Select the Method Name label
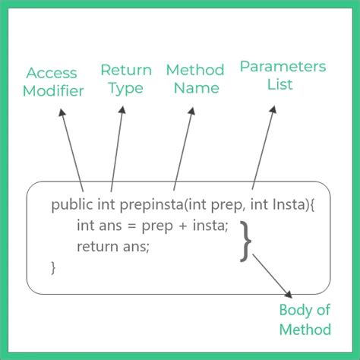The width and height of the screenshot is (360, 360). click(x=194, y=79)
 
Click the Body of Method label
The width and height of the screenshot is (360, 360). click(x=305, y=319)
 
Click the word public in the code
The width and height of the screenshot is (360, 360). click(x=68, y=205)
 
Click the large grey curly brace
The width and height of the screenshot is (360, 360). click(x=245, y=241)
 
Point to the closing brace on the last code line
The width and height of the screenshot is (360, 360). click(x=53, y=267)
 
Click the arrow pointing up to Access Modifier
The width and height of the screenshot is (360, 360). click(x=70, y=148)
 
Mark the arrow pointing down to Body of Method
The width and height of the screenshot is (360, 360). click(x=272, y=276)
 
